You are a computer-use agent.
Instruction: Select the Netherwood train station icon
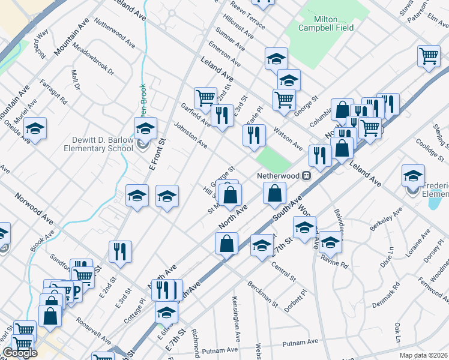click(x=306, y=176)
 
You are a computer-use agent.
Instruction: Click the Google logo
click(x=20, y=353)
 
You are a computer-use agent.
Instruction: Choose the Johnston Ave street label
click(x=190, y=136)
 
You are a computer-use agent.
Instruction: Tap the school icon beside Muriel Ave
click(x=35, y=128)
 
